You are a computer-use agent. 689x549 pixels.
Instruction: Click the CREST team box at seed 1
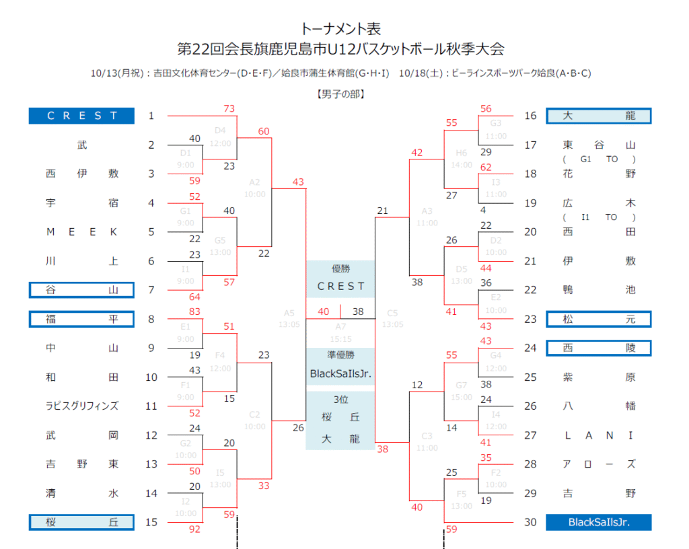tap(81, 116)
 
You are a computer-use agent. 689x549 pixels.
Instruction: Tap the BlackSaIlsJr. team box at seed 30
tap(598, 522)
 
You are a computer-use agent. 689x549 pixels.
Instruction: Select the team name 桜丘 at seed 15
tap(81, 522)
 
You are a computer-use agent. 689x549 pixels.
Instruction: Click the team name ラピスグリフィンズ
tap(82, 406)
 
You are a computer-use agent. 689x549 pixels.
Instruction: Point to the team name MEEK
tap(82, 231)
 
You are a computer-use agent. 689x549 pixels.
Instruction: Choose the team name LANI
tap(598, 435)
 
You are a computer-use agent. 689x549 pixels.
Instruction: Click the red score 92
tap(195, 529)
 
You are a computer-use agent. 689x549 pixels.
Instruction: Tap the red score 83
tap(195, 312)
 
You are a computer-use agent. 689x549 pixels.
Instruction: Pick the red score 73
tap(229, 109)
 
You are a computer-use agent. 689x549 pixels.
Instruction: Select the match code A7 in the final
tap(340, 326)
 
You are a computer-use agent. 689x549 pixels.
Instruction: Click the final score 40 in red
tap(324, 312)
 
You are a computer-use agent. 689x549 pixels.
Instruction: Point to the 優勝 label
tap(340, 268)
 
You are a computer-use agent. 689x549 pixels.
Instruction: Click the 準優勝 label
tap(340, 355)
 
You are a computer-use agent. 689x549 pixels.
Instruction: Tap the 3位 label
tap(340, 400)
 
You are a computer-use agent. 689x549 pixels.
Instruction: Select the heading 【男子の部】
tap(340, 95)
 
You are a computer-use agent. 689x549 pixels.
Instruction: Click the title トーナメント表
tap(340, 29)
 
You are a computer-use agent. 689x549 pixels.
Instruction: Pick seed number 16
tap(531, 116)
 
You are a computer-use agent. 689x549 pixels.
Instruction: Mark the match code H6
tap(461, 153)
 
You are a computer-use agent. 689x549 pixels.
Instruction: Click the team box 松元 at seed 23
tap(598, 319)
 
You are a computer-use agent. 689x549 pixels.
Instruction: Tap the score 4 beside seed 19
tap(483, 210)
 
